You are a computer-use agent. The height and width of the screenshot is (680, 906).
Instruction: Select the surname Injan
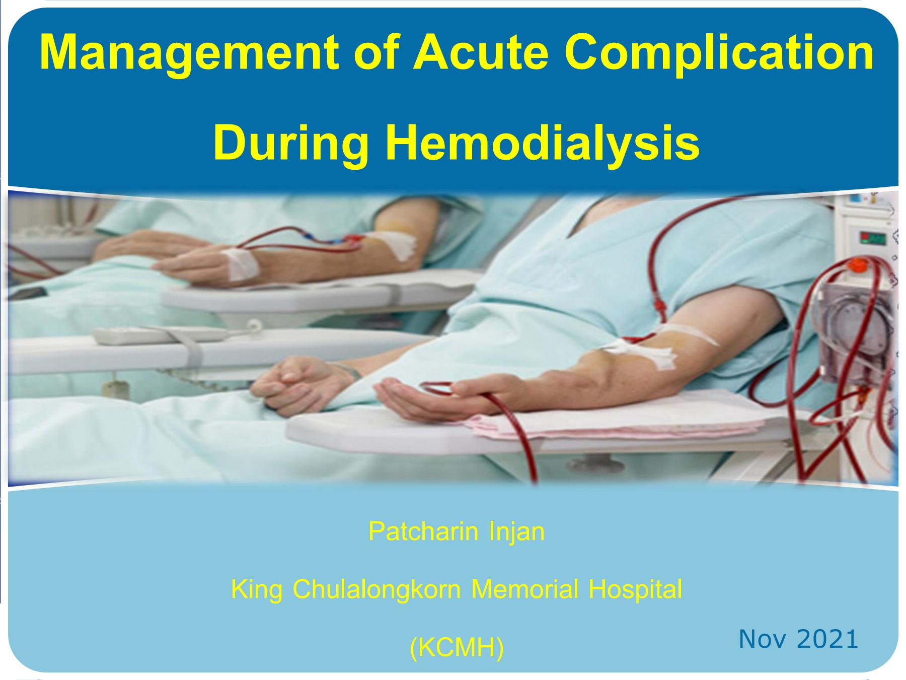click(x=517, y=531)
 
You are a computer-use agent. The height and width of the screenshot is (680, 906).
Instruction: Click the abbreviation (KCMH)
click(x=457, y=647)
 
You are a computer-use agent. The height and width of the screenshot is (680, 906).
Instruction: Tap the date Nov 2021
click(x=798, y=639)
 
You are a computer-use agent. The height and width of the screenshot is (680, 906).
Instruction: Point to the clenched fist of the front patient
click(x=297, y=383)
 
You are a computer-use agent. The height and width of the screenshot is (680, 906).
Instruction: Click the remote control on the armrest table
click(x=161, y=335)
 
